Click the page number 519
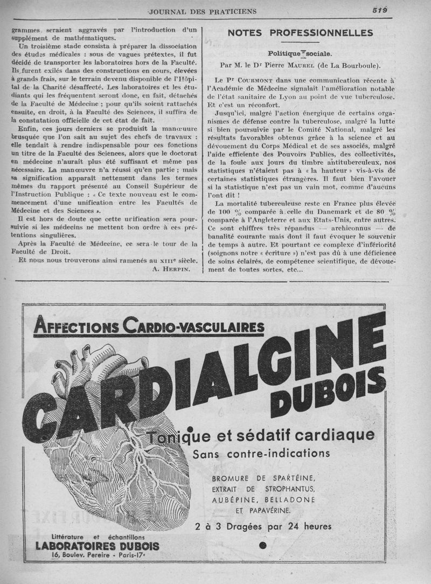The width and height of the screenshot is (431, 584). (381, 10)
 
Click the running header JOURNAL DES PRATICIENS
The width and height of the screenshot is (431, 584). (202, 11)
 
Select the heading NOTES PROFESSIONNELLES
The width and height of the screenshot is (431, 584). (300, 33)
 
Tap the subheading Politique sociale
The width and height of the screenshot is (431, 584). (300, 54)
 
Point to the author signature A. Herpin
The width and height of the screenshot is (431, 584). (172, 268)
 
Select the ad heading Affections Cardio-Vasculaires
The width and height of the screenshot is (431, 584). (149, 326)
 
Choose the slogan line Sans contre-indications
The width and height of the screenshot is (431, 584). (261, 453)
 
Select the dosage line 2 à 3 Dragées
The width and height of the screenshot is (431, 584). (262, 526)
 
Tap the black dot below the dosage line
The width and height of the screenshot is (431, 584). (262, 546)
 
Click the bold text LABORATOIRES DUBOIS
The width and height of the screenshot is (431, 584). (98, 546)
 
